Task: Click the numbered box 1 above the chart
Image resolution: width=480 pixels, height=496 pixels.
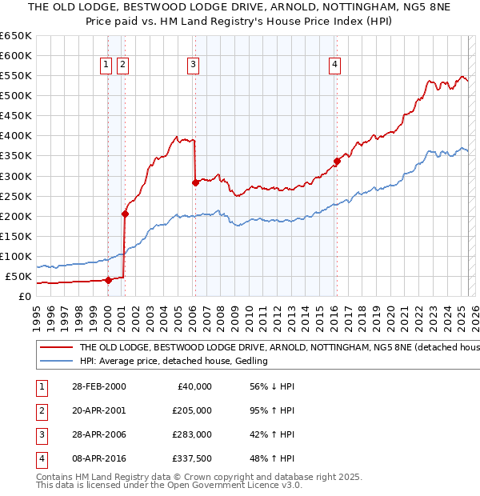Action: click(106, 66)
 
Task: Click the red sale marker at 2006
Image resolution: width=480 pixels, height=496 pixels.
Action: click(195, 182)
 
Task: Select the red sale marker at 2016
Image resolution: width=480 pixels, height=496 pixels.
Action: click(337, 161)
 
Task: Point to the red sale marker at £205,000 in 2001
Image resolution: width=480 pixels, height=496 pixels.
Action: click(125, 214)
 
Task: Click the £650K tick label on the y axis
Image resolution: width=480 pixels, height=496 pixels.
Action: click(16, 36)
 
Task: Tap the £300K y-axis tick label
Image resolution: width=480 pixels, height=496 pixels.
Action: click(16, 176)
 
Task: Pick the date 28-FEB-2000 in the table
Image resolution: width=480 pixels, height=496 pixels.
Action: click(99, 386)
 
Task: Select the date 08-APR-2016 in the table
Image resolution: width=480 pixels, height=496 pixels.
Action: click(99, 458)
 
